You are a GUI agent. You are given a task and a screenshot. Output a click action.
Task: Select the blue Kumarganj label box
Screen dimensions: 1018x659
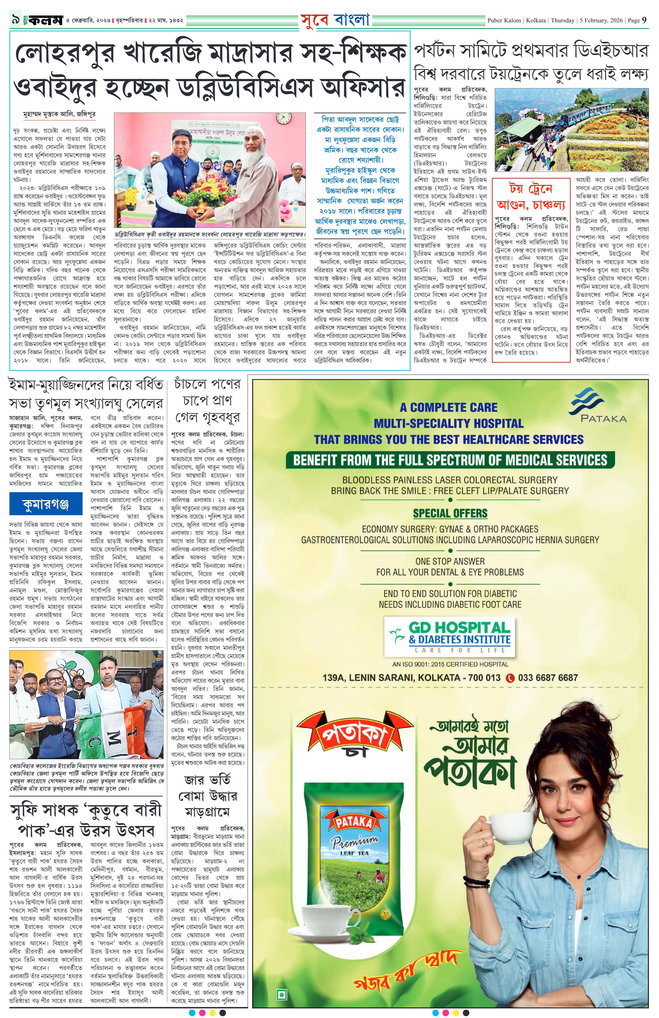tap(45, 504)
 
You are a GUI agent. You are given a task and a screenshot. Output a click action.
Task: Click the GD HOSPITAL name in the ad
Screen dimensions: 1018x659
tap(459, 628)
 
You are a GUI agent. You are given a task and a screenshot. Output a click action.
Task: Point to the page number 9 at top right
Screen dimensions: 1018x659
tap(644, 20)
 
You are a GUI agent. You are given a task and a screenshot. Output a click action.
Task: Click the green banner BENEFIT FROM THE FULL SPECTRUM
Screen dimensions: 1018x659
tap(450, 460)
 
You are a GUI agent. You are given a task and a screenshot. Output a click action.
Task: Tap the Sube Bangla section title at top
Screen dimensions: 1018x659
tap(335, 20)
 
